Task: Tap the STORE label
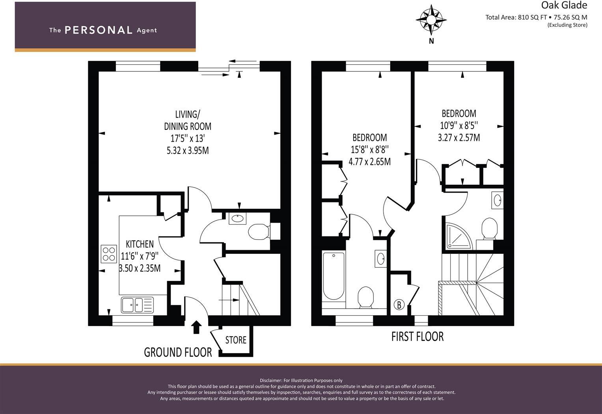(x=236, y=340)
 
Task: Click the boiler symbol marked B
(x=399, y=305)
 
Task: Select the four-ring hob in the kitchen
(x=109, y=254)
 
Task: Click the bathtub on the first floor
(x=334, y=276)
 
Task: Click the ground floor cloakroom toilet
(x=258, y=232)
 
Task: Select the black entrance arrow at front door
(x=196, y=327)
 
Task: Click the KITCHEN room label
(x=140, y=244)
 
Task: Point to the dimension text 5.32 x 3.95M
(x=188, y=150)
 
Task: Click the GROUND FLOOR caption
(x=178, y=352)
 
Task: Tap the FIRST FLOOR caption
(x=417, y=337)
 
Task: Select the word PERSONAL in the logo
(x=98, y=30)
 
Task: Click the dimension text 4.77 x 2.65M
(x=369, y=162)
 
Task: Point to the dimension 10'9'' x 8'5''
(x=459, y=126)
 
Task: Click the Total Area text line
(x=536, y=17)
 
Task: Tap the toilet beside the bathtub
(x=366, y=297)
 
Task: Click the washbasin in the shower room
(x=497, y=200)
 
